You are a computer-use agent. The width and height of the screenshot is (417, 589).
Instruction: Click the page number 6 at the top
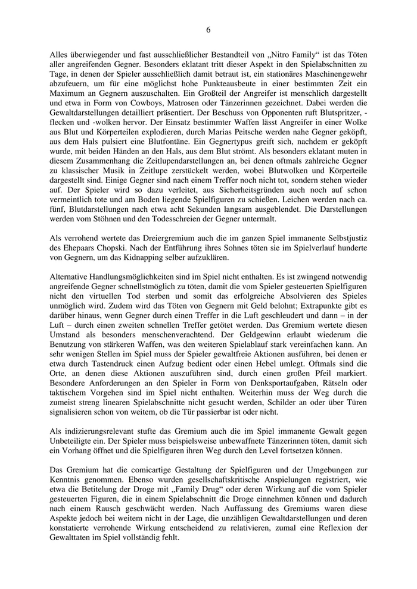(208, 30)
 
